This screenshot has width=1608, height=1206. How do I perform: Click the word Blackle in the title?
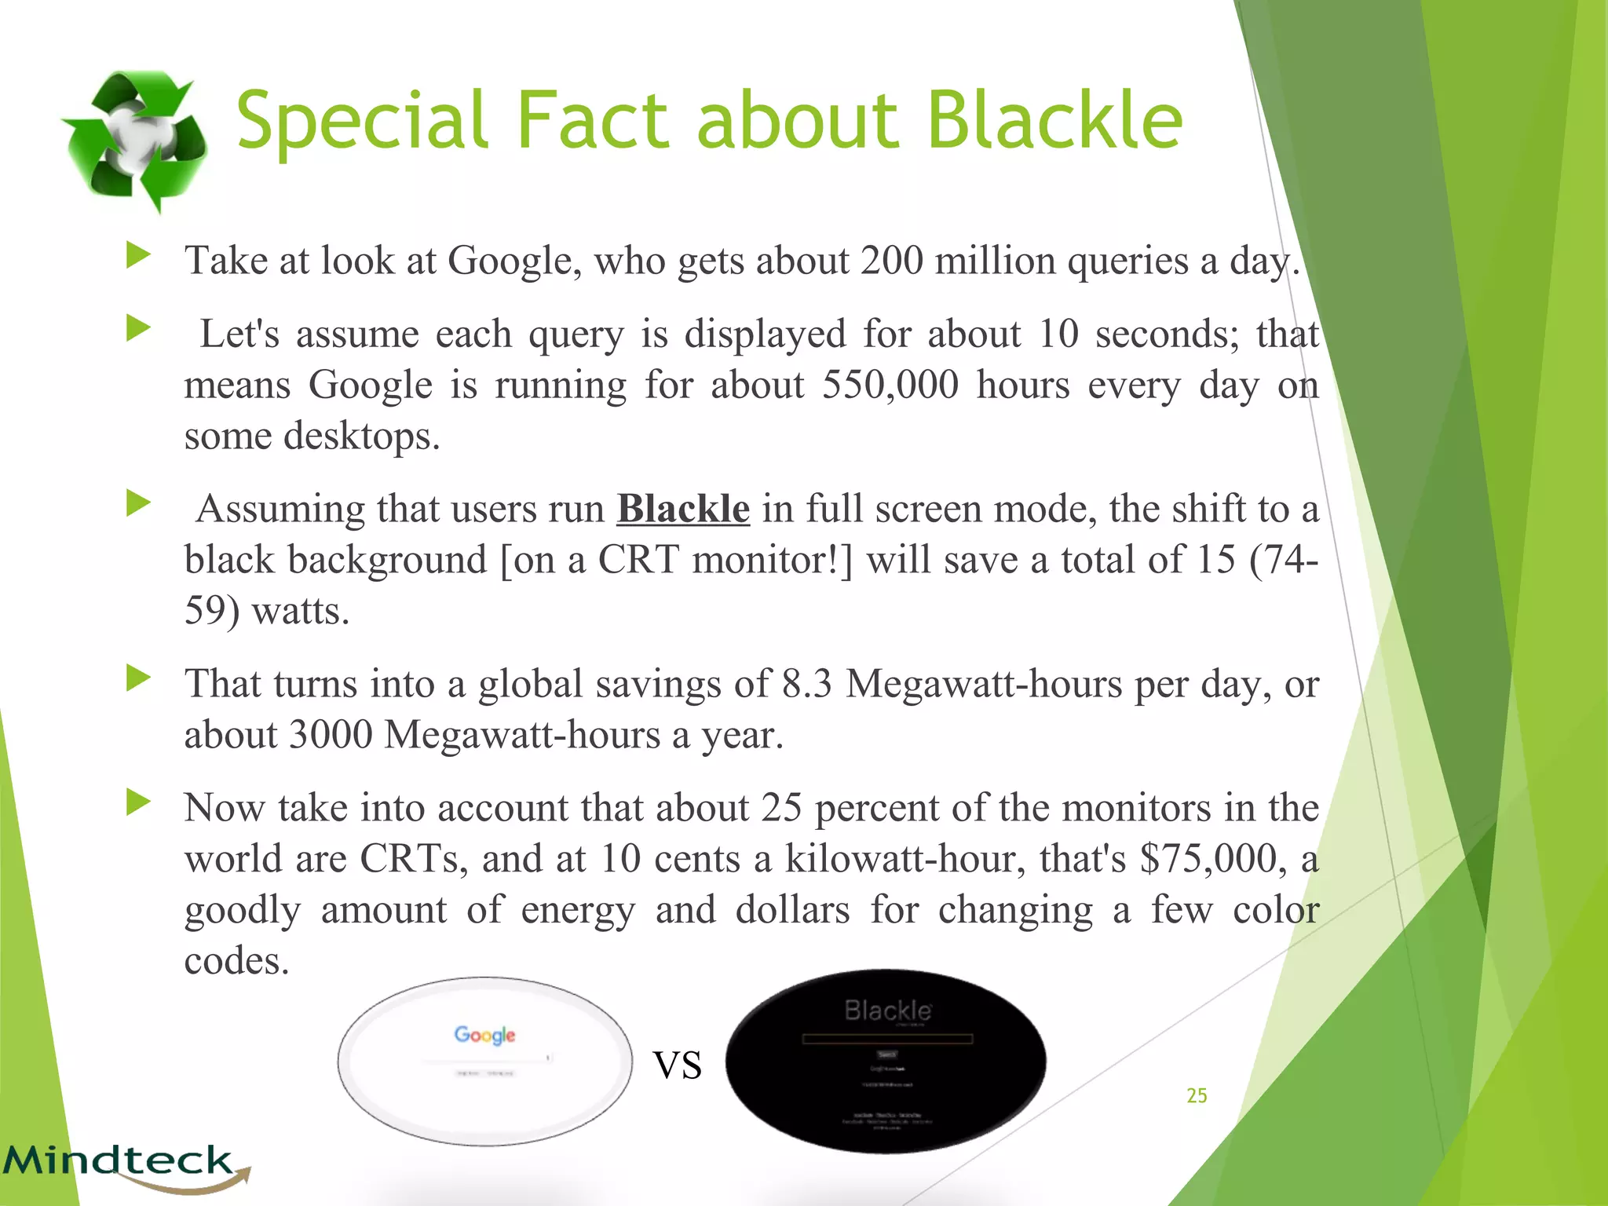click(1054, 120)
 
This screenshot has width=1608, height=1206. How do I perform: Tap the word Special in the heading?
click(362, 120)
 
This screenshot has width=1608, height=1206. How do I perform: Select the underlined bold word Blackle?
click(683, 509)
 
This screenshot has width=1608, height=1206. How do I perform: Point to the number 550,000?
click(890, 386)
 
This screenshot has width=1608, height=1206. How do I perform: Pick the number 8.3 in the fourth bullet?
click(806, 684)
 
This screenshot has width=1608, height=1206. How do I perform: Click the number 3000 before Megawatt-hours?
click(331, 735)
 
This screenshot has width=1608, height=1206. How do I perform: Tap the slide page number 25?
click(1197, 1095)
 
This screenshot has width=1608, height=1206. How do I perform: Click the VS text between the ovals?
click(678, 1065)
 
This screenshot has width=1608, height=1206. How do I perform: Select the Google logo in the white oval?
click(485, 1035)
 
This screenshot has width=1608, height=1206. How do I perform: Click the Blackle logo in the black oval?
click(888, 1010)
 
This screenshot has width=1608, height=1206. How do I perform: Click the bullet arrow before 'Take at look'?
click(138, 255)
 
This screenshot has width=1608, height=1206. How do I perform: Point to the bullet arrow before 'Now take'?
click(138, 802)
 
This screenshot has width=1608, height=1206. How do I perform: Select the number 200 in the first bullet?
click(891, 261)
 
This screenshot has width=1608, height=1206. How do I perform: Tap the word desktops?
click(361, 437)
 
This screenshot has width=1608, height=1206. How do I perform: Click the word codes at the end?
click(236, 961)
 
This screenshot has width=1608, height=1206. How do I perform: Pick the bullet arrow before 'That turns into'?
click(138, 678)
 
